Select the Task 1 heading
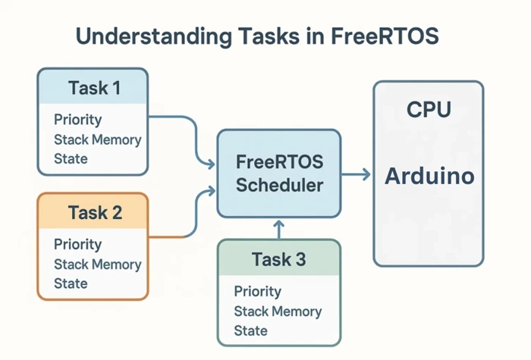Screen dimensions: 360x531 point(94,88)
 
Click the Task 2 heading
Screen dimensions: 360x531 point(94,212)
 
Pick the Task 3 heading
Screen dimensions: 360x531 point(278,260)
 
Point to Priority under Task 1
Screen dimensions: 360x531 point(77,120)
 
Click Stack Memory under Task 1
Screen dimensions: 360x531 point(97,139)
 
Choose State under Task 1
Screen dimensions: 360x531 point(71,159)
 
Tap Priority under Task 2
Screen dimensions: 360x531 point(77,245)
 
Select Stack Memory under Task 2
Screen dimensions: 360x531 point(97,265)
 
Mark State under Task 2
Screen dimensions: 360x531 point(71,284)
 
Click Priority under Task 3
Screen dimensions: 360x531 point(257,292)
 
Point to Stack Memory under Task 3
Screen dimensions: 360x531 point(278,311)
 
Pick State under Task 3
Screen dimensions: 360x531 point(250,331)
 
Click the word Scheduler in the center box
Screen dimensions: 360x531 point(279,186)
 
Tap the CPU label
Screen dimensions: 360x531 point(428,110)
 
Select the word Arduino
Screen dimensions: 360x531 point(429,177)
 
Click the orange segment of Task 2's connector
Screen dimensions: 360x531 point(167,237)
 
